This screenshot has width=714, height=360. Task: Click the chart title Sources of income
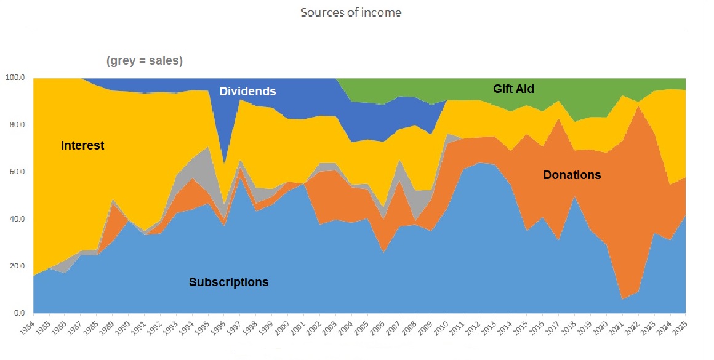350,12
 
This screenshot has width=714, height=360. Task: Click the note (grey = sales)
145,61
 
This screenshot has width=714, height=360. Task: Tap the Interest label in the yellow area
82,146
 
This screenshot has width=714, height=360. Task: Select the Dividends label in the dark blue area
247,92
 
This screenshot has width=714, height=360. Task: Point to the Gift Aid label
513,89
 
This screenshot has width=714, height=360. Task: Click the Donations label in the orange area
572,175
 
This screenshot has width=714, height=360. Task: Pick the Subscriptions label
229,282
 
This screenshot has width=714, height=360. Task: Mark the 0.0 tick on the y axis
20,313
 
